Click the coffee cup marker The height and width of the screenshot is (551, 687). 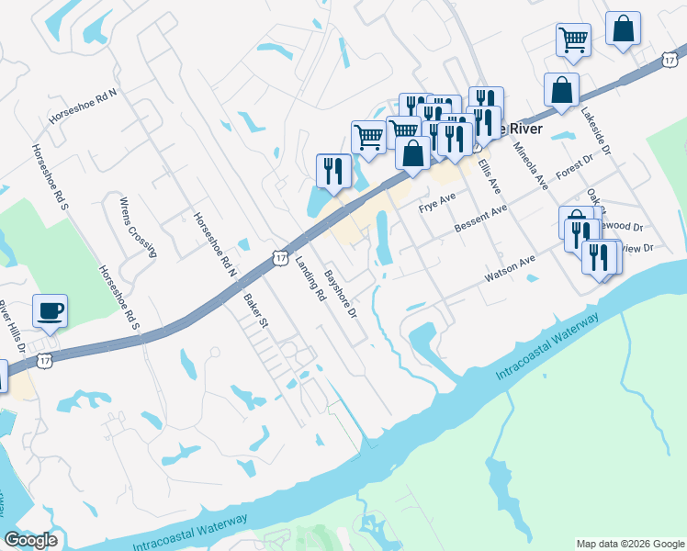pos(50,309)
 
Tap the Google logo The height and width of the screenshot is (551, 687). pos(30,540)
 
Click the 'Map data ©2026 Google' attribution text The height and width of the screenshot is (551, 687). pos(630,544)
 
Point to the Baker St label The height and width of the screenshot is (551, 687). pos(254,310)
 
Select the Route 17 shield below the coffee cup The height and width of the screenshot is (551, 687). pos(43,361)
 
